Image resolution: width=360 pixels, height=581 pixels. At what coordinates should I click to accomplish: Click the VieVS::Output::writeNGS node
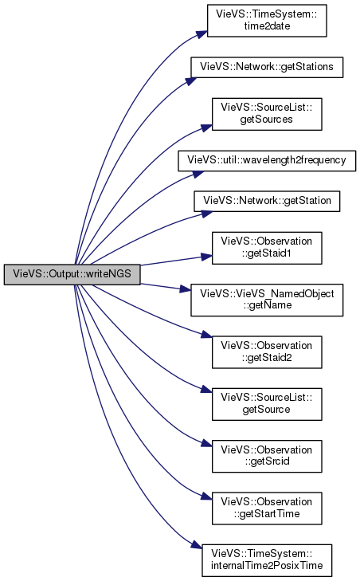(72, 274)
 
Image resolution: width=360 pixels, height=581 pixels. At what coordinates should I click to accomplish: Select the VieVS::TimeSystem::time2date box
(267, 21)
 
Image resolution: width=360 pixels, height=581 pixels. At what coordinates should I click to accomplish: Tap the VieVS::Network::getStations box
(267, 67)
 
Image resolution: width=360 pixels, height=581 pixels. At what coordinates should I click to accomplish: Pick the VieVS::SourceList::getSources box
(267, 114)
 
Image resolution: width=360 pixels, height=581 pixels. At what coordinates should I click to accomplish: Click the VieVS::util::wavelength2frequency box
(267, 160)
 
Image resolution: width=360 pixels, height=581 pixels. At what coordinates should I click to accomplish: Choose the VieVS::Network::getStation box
(267, 201)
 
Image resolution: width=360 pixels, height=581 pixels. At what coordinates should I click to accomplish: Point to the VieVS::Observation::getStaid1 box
(267, 248)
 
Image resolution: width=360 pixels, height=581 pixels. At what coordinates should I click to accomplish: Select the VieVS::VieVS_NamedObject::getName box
(267, 300)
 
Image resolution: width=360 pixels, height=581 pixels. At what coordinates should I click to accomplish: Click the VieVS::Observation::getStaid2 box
(267, 352)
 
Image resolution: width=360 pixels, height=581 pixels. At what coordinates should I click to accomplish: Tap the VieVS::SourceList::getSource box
(267, 404)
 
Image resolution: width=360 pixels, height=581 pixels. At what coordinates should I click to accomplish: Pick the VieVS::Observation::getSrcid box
(267, 456)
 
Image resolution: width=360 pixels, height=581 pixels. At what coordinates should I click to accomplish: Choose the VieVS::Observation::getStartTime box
(267, 508)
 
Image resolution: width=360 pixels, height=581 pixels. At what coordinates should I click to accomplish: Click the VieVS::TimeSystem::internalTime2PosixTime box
(267, 560)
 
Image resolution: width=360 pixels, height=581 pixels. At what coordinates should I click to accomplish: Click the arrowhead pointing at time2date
(202, 33)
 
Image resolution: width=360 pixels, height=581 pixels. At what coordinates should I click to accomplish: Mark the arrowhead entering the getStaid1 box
(206, 257)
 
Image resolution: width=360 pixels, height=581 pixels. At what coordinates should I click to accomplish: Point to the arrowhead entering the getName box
(186, 289)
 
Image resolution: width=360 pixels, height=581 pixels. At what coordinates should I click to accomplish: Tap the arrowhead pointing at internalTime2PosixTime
(197, 545)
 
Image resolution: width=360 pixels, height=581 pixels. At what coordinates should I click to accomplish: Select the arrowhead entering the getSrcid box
(206, 443)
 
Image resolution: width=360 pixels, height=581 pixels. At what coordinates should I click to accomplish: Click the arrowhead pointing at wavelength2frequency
(198, 175)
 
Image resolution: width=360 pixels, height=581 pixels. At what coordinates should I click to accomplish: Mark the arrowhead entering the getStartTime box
(206, 496)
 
